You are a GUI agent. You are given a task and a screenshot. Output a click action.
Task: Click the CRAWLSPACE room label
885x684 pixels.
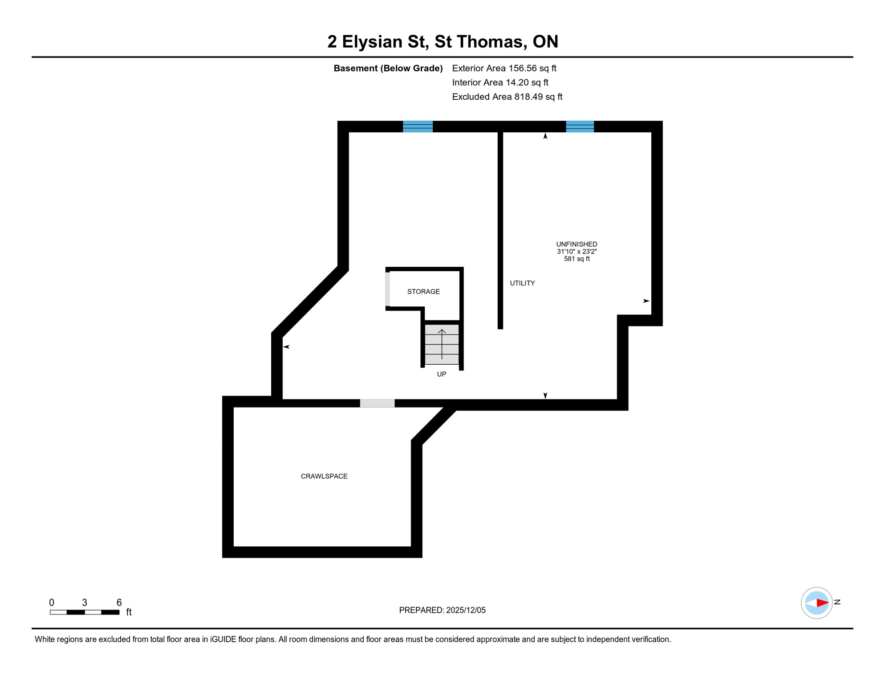tap(324, 476)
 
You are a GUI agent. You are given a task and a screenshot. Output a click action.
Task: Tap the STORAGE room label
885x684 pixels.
tap(423, 292)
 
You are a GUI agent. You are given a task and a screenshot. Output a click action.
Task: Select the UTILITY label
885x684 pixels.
tap(522, 283)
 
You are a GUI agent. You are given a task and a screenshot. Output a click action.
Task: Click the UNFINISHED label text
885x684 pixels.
tap(576, 244)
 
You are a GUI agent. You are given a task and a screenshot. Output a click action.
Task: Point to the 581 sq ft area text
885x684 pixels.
tap(576, 259)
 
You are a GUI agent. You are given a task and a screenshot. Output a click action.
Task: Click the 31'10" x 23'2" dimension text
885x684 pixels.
tap(576, 252)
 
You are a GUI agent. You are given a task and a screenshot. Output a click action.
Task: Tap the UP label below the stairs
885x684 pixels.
tap(441, 374)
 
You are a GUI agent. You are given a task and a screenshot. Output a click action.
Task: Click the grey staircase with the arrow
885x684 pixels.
tap(442, 345)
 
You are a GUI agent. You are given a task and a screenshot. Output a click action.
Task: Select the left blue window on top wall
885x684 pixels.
tap(418, 126)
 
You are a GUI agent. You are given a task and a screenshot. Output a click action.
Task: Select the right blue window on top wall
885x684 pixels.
tap(580, 126)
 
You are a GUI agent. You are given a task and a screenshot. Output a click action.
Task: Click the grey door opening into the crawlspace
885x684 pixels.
tap(377, 403)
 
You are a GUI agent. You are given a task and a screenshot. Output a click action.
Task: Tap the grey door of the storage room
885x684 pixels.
tap(388, 289)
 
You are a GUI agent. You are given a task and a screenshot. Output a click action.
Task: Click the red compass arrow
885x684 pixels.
tap(822, 603)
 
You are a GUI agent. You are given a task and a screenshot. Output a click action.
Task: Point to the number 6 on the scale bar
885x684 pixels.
tap(119, 603)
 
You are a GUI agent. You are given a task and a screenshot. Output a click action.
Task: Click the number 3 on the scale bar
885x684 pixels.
tap(85, 603)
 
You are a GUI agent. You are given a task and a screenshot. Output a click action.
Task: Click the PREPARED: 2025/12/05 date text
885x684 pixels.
tap(442, 610)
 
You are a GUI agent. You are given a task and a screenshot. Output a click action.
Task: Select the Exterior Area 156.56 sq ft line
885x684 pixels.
tap(504, 68)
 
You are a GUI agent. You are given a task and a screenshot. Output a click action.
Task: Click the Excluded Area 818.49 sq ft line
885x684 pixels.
tap(507, 97)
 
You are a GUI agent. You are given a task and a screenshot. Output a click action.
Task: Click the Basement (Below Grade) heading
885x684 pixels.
tap(388, 68)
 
